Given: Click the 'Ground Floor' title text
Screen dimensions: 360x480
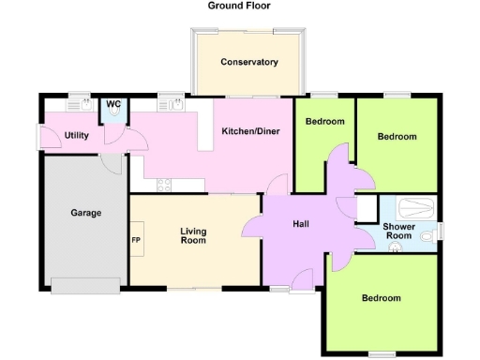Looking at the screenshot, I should (x=240, y=6).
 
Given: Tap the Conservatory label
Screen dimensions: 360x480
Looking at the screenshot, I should (x=248, y=63).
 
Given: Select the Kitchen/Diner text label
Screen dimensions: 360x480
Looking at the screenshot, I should (x=248, y=132).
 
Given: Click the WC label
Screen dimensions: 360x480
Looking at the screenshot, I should (x=113, y=103).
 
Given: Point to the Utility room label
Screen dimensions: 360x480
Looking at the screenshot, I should (x=77, y=136).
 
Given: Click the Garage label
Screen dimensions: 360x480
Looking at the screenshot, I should (x=85, y=213).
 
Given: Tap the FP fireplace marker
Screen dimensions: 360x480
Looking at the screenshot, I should (x=135, y=239).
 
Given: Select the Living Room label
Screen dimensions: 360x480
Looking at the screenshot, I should (x=193, y=236).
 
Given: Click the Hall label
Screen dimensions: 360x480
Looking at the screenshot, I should (x=300, y=224).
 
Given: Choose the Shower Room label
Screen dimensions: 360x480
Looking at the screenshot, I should (x=399, y=231).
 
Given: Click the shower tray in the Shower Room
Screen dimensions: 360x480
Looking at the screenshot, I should (x=416, y=207).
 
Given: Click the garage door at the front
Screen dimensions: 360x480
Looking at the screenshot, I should (x=86, y=286).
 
